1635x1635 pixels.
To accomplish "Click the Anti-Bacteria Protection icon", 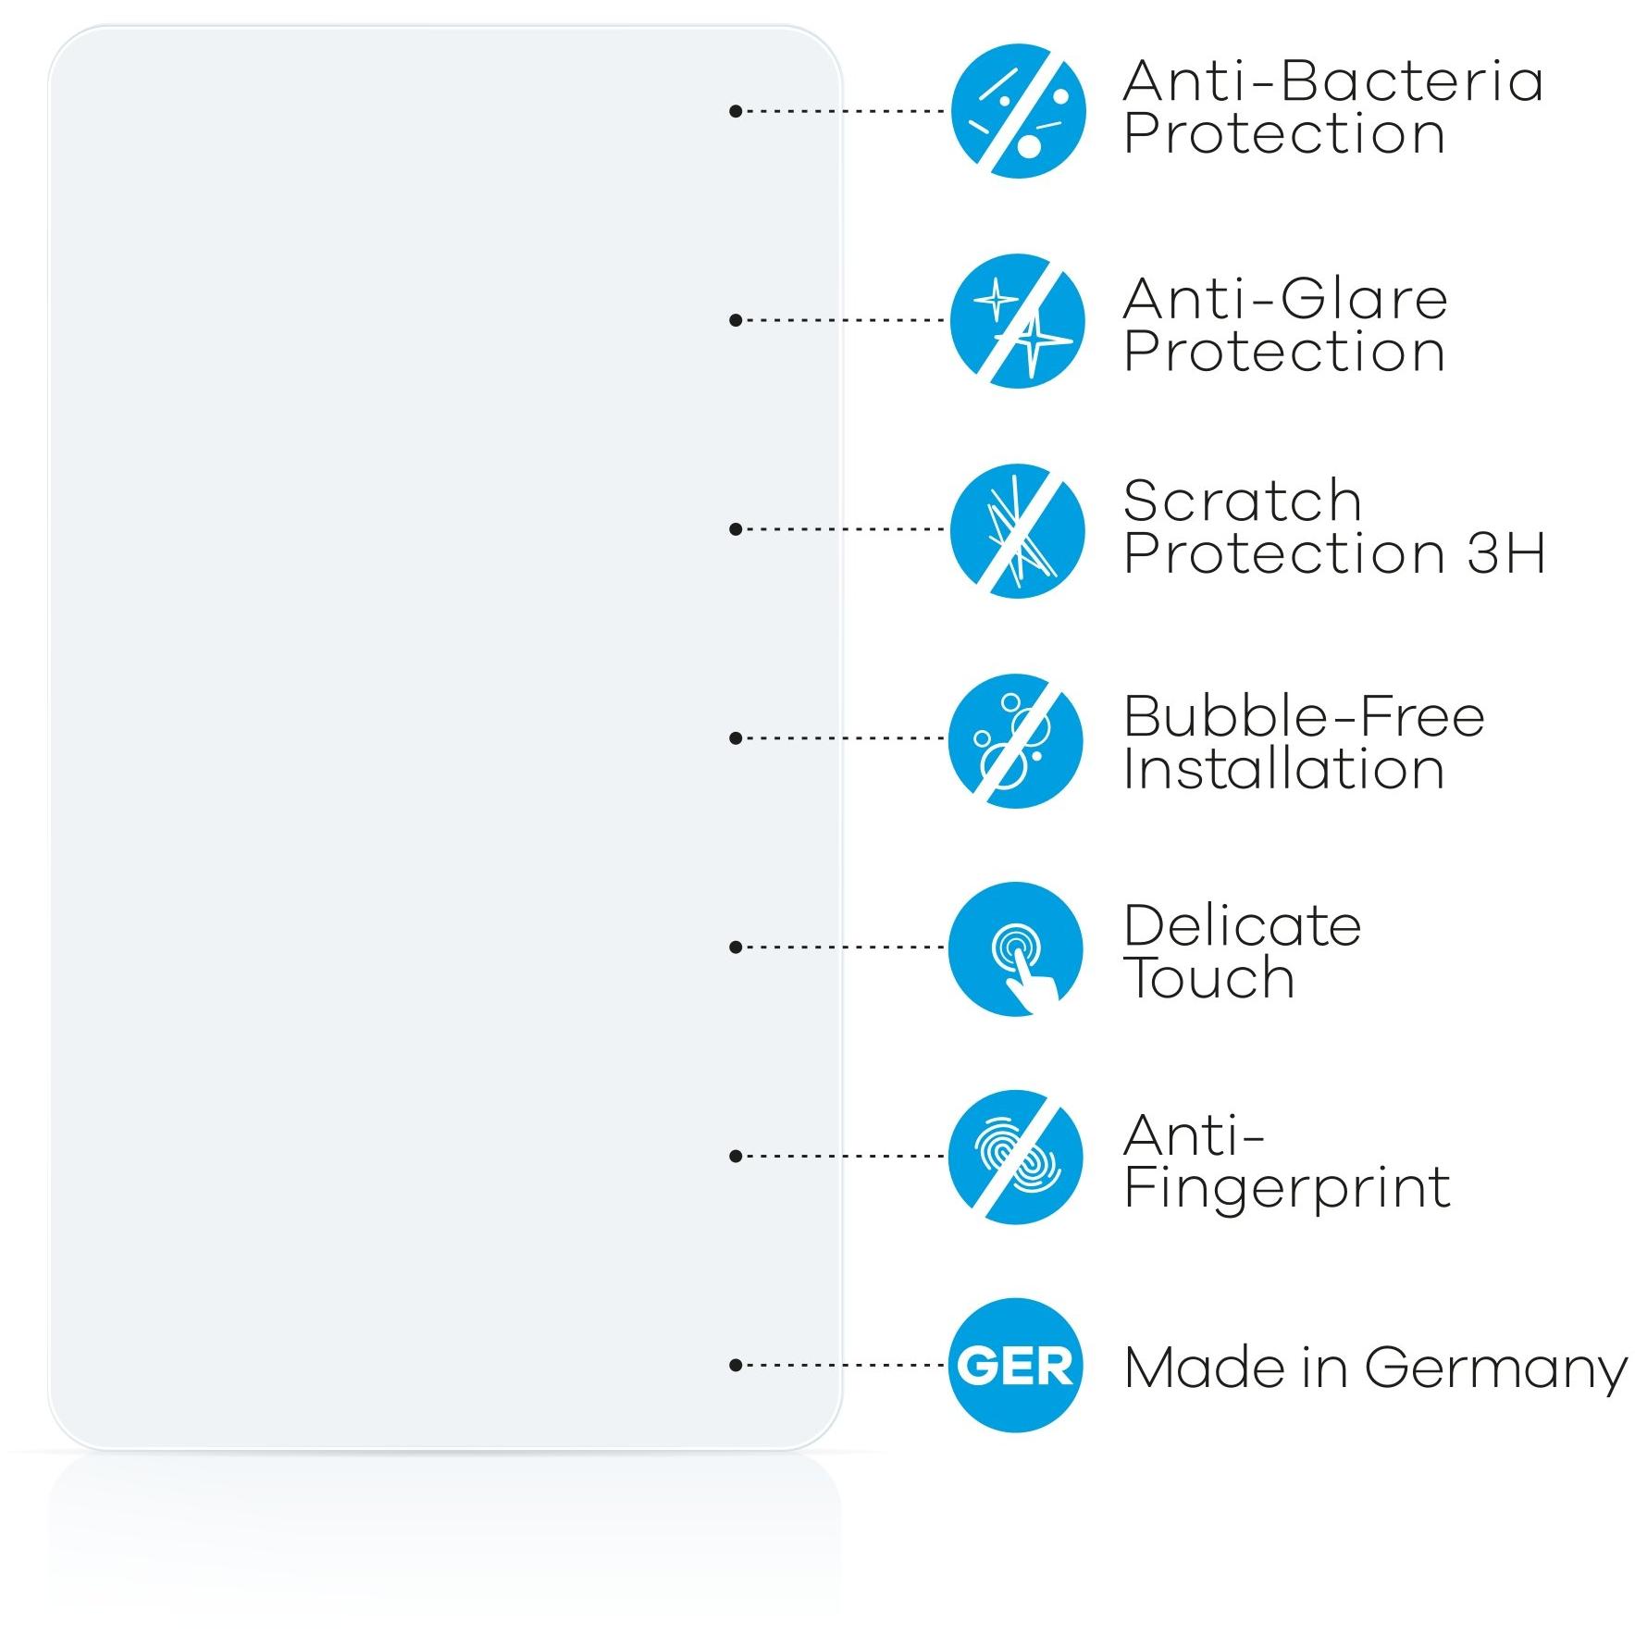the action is (1018, 111).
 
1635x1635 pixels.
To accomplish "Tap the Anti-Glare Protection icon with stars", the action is (1018, 321).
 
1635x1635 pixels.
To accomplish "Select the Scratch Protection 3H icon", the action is (1018, 530).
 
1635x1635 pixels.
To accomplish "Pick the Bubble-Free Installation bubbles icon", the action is (1016, 740).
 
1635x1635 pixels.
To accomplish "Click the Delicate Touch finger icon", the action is (1016, 949).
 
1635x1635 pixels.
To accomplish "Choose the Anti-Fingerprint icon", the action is (1016, 1158).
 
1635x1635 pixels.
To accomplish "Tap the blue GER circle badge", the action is (1016, 1366).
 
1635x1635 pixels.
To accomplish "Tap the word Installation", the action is (1284, 770).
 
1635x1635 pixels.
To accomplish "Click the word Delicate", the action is (1243, 925).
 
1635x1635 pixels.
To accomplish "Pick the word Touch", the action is (1209, 978).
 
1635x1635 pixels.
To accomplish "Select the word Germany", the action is (1495, 1369).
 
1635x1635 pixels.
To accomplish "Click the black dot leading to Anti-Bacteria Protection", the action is (736, 111).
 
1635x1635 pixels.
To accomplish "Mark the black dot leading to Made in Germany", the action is (736, 1365).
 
